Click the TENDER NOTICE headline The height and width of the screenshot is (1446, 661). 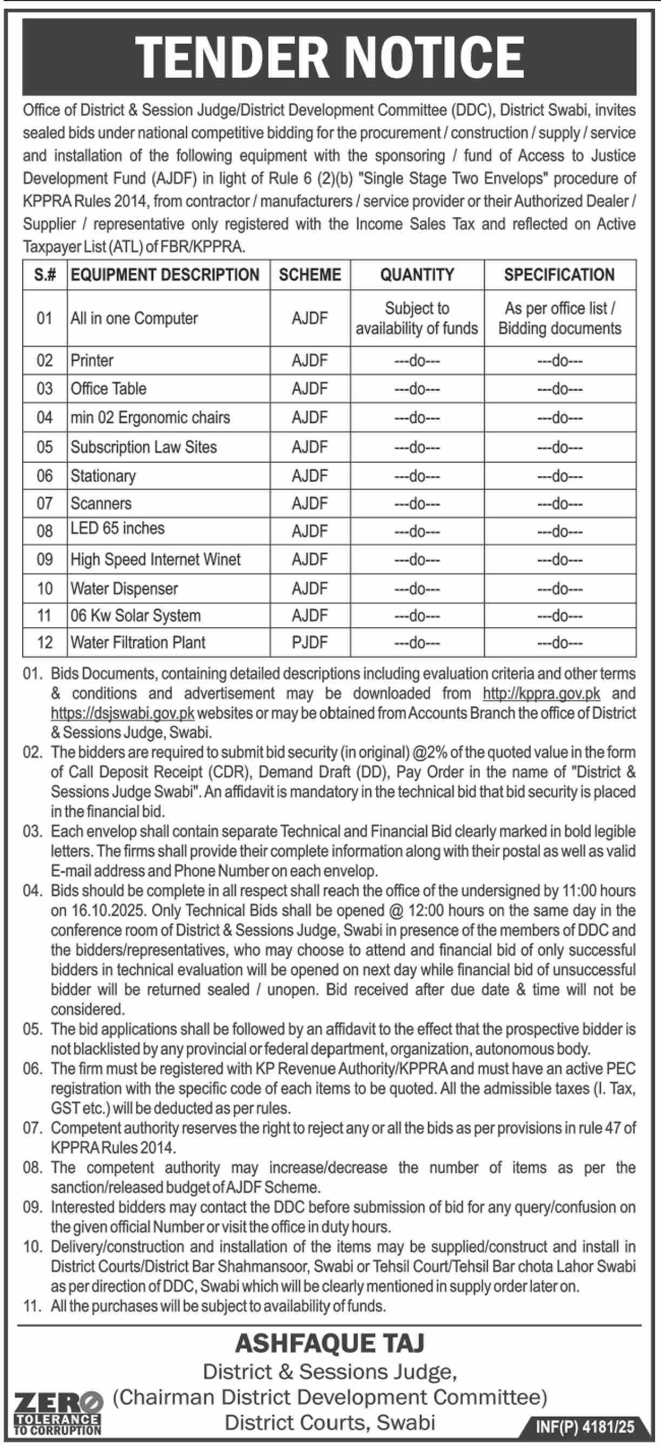click(330, 57)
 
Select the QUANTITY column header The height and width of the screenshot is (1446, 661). click(417, 275)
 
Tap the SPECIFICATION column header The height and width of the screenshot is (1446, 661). click(559, 275)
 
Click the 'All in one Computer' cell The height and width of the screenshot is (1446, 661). click(134, 318)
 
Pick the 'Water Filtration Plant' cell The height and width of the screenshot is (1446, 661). click(138, 642)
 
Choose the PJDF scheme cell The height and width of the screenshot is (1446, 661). click(309, 642)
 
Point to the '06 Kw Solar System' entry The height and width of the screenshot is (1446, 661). click(135, 615)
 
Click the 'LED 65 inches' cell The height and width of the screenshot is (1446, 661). click(117, 528)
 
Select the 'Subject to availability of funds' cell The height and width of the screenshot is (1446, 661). click(417, 318)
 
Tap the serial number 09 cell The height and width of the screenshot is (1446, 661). click(44, 559)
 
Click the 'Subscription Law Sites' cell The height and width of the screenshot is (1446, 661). click(144, 447)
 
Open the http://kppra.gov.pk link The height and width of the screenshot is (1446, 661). click(542, 693)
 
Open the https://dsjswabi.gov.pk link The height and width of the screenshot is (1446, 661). click(122, 713)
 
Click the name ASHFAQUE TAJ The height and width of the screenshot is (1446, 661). click(330, 1343)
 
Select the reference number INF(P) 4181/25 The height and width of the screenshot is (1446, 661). click(585, 1427)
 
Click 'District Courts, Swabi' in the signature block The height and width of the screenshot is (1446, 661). click(330, 1422)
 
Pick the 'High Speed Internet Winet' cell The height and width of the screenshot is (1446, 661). click(156, 559)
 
